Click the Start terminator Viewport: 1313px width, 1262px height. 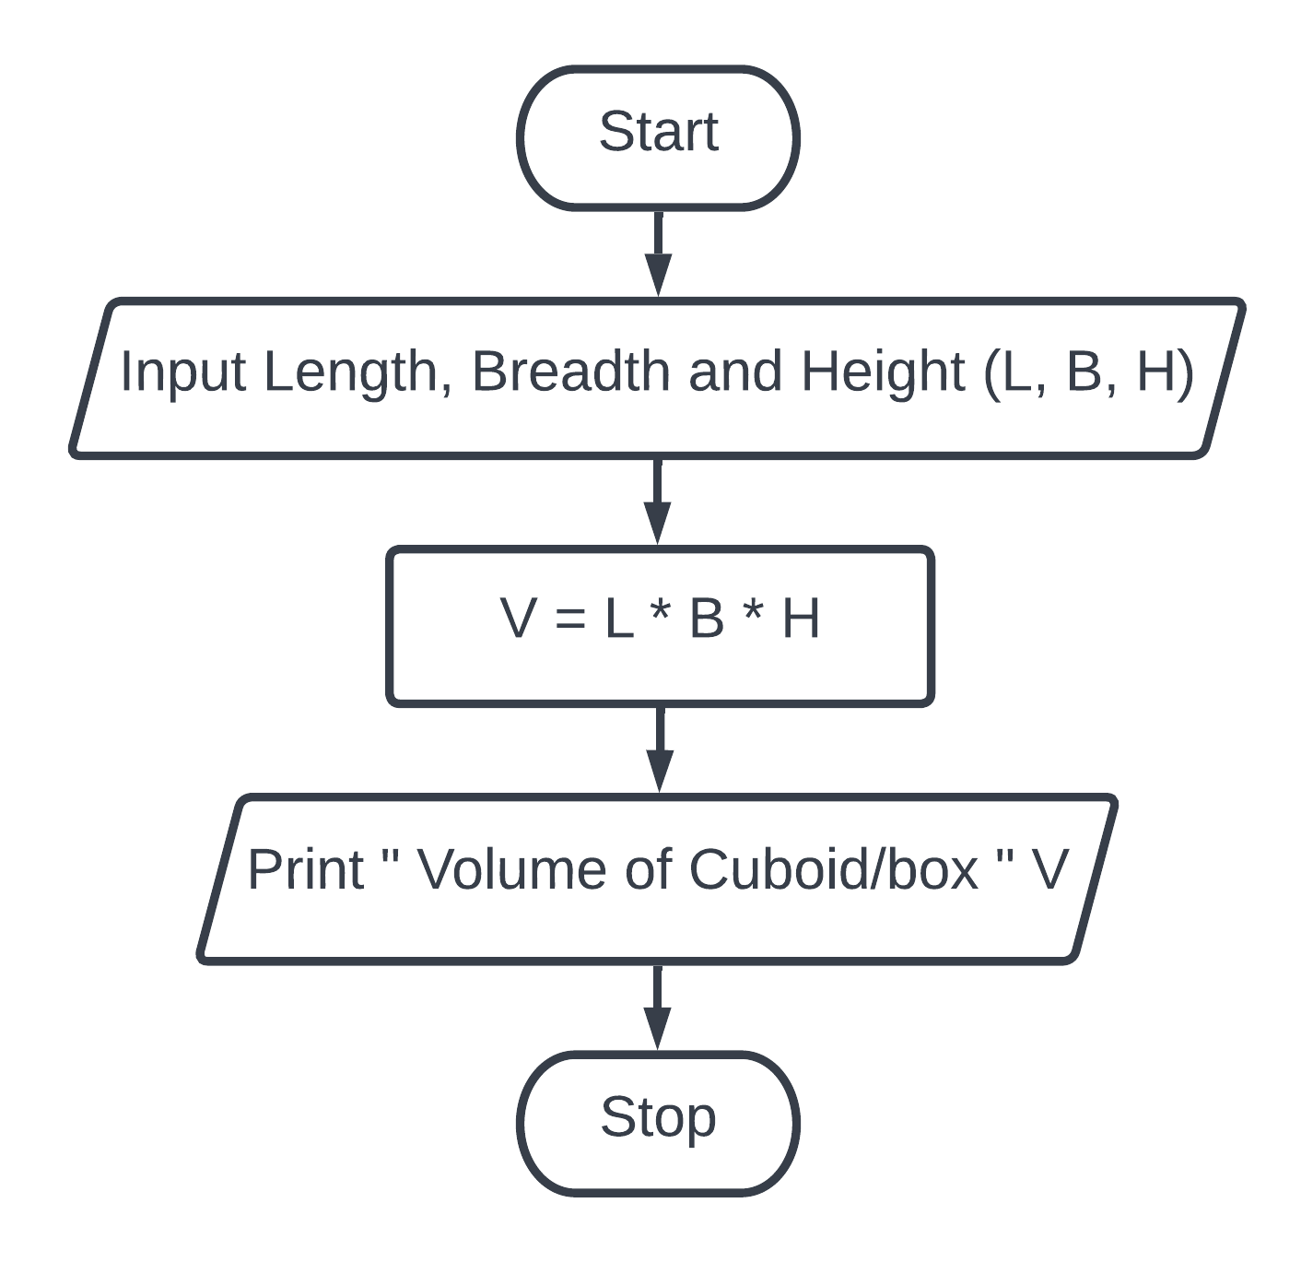(658, 137)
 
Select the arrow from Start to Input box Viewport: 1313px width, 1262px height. (658, 253)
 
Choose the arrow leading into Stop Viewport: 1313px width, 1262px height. (657, 1006)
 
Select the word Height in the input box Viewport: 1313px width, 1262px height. (883, 372)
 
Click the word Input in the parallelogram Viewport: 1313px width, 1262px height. (183, 372)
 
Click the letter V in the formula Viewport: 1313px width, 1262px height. (519, 618)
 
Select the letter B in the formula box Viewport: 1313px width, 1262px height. (707, 618)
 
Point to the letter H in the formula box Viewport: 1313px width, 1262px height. (801, 618)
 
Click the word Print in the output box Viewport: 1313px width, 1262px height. (306, 869)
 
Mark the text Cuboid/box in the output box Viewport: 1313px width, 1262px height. (833, 869)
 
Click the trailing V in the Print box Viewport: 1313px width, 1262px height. (1049, 869)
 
